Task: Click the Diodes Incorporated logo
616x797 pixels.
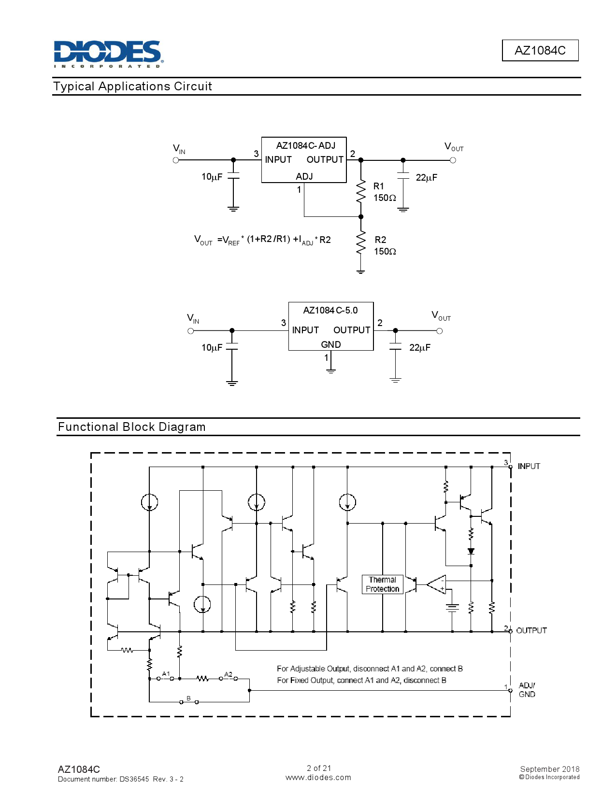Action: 108,54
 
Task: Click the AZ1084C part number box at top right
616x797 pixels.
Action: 540,50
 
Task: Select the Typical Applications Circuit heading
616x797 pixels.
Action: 132,86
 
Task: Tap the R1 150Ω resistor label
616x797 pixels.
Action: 384,192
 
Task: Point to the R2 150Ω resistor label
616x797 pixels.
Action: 385,245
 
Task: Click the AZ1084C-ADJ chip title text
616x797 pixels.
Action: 305,145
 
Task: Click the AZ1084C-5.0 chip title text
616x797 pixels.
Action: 330,310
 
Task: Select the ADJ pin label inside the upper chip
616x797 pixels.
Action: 304,176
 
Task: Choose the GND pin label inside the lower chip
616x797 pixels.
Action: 331,344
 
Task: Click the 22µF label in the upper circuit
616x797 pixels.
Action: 426,177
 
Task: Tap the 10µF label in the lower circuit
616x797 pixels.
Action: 212,347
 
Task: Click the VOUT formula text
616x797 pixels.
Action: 262,240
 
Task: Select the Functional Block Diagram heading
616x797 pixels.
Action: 131,427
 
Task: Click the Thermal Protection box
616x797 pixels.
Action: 383,584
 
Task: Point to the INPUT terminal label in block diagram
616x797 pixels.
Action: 529,466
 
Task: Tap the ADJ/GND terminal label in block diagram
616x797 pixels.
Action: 527,690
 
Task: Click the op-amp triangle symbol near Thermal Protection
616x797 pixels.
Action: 438,584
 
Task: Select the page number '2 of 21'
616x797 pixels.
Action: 319,768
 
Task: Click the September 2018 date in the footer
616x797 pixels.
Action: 549,769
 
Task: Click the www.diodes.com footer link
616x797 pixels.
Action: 318,777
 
